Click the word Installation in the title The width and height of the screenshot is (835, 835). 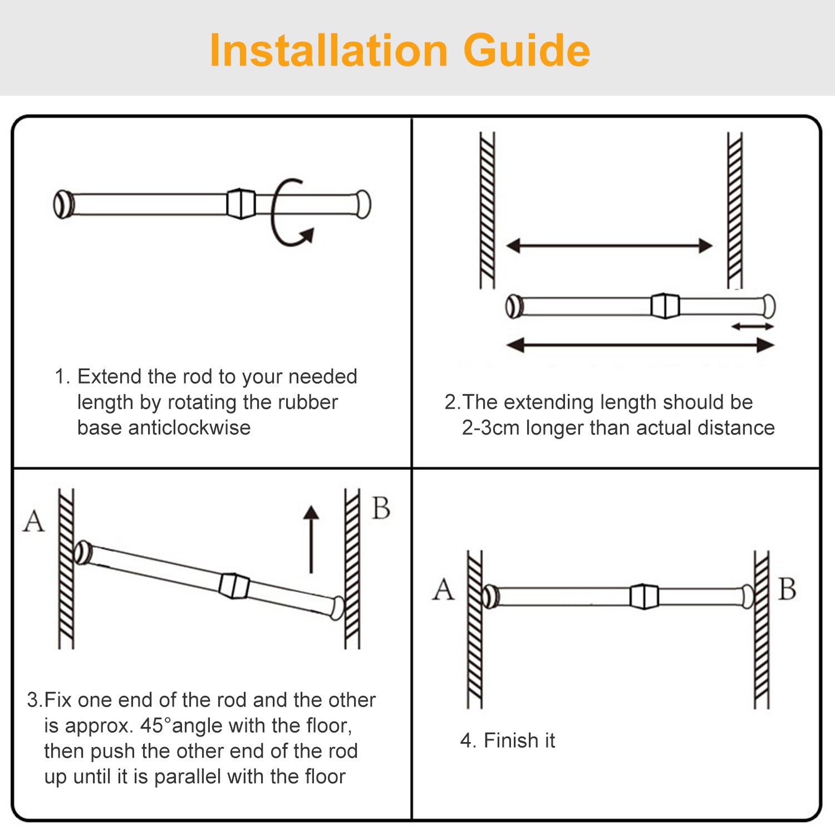tap(328, 51)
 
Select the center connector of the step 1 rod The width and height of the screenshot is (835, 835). tap(241, 204)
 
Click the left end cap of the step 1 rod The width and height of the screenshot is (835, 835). tap(63, 204)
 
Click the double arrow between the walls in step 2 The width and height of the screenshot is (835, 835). tap(610, 245)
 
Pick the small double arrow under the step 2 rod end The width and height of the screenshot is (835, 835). tap(752, 326)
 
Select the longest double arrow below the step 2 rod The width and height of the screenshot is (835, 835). tap(640, 345)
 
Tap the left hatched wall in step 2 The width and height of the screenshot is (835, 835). tap(487, 210)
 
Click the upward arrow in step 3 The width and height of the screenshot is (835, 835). tap(311, 537)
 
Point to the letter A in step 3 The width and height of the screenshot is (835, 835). tap(34, 522)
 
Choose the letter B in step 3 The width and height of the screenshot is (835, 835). tap(381, 508)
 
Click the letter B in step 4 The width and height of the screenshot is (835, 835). tap(787, 589)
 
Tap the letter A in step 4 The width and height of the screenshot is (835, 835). tap(444, 589)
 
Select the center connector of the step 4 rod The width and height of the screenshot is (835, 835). tap(644, 596)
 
